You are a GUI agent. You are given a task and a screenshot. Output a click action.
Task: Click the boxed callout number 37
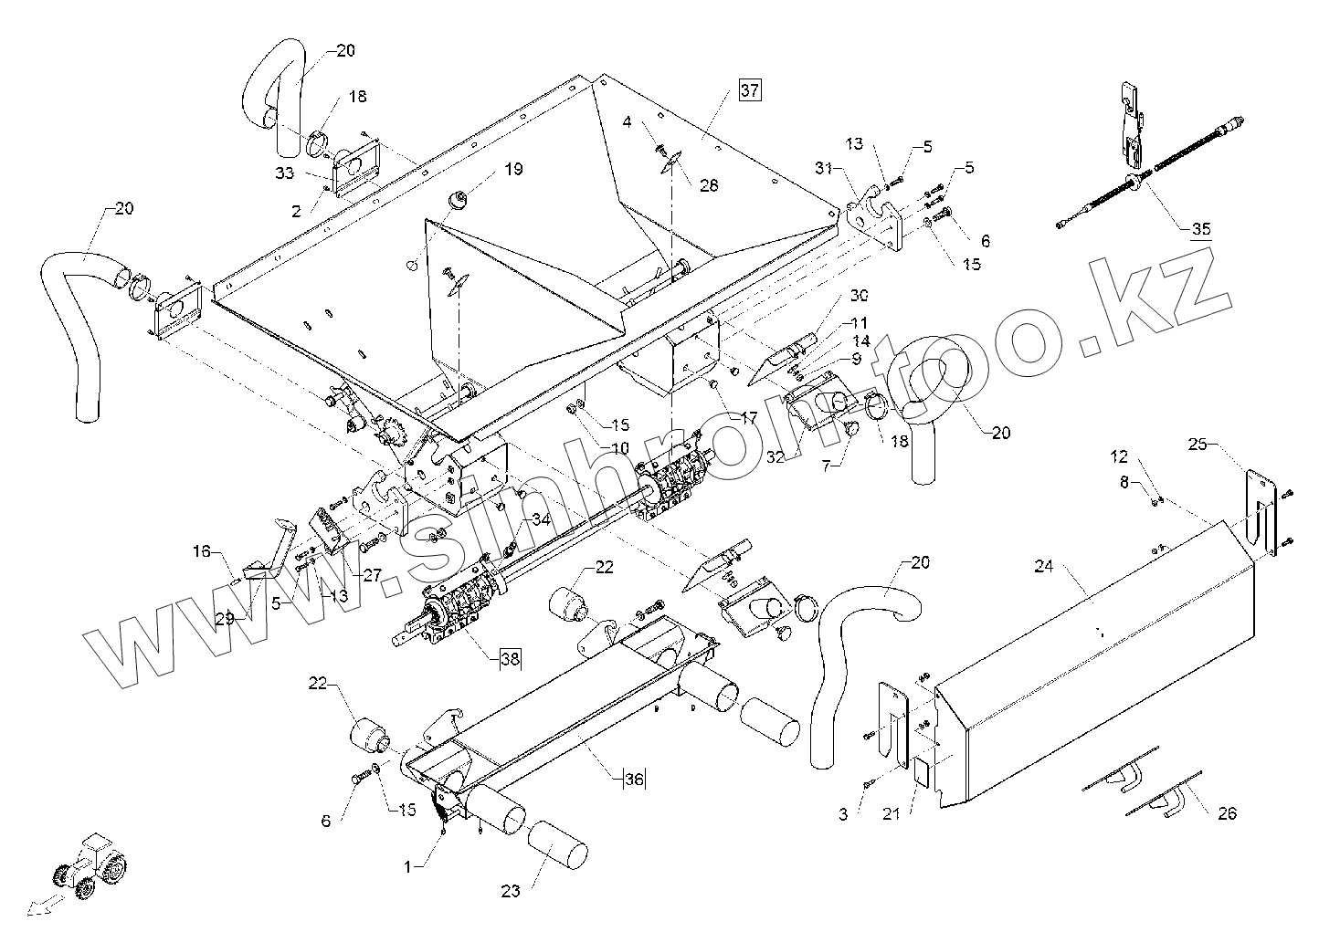coord(749,90)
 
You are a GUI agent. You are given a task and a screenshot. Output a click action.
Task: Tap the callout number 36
coord(634,779)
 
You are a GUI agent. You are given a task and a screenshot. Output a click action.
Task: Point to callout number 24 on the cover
coord(1044,567)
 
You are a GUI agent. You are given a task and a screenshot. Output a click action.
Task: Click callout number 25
coord(1198,445)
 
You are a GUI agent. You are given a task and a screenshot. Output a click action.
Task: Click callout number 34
coord(541,519)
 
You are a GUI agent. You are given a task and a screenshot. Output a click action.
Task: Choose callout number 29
coord(225,618)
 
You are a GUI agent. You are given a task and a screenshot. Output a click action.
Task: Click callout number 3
coord(842,813)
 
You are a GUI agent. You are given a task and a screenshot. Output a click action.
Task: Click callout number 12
coord(1119,456)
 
